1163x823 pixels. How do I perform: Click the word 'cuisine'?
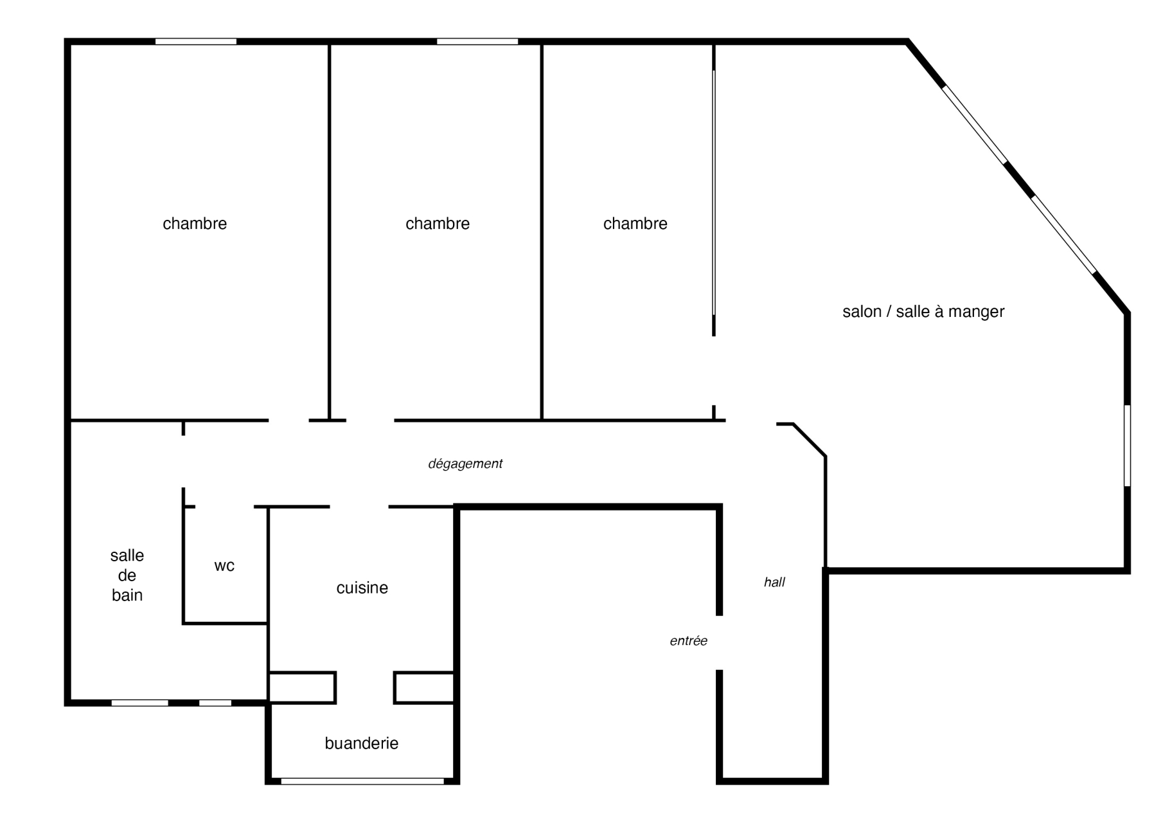pos(362,588)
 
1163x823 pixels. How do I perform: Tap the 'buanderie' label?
pos(361,743)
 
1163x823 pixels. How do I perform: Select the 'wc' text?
pos(224,566)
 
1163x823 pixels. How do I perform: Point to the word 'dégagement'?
pos(465,464)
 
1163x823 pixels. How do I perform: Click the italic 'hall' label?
pos(774,582)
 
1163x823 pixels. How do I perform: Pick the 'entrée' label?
pos(688,640)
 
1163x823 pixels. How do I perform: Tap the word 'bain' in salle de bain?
pos(127,595)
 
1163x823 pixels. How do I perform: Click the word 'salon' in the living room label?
pos(862,312)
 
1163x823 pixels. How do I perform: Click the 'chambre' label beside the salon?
pos(635,224)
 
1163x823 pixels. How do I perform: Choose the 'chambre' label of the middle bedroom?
pos(438,224)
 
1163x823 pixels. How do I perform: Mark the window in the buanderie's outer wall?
pos(362,781)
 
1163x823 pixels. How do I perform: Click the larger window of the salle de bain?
pos(140,703)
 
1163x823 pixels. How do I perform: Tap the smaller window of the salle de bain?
pos(215,703)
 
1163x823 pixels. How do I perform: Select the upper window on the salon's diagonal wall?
pos(974,124)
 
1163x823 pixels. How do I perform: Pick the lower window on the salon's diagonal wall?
pos(1063,235)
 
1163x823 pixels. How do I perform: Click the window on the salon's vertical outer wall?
pos(1127,446)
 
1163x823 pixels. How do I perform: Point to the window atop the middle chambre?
pos(477,42)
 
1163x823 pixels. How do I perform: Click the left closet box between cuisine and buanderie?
pos(302,687)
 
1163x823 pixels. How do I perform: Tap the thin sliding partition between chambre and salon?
pos(714,193)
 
